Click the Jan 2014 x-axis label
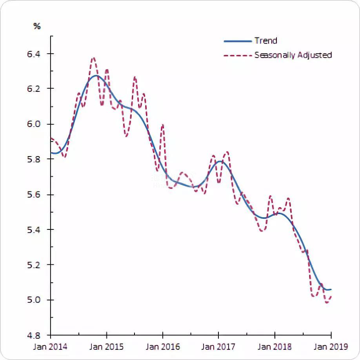pyautogui.click(x=51, y=347)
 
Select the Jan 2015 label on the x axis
pyautogui.click(x=107, y=347)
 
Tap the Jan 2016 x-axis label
pyautogui.click(x=163, y=347)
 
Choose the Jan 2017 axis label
pyautogui.click(x=219, y=347)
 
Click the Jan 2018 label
pyautogui.click(x=275, y=347)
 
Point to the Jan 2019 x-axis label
pyautogui.click(x=331, y=347)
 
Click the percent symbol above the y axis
pyautogui.click(x=37, y=26)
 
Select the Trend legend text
pyautogui.click(x=265, y=41)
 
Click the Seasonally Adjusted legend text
pyautogui.click(x=293, y=55)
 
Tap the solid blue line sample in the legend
pyautogui.click(x=237, y=41)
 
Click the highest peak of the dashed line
pyautogui.click(x=93, y=58)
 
